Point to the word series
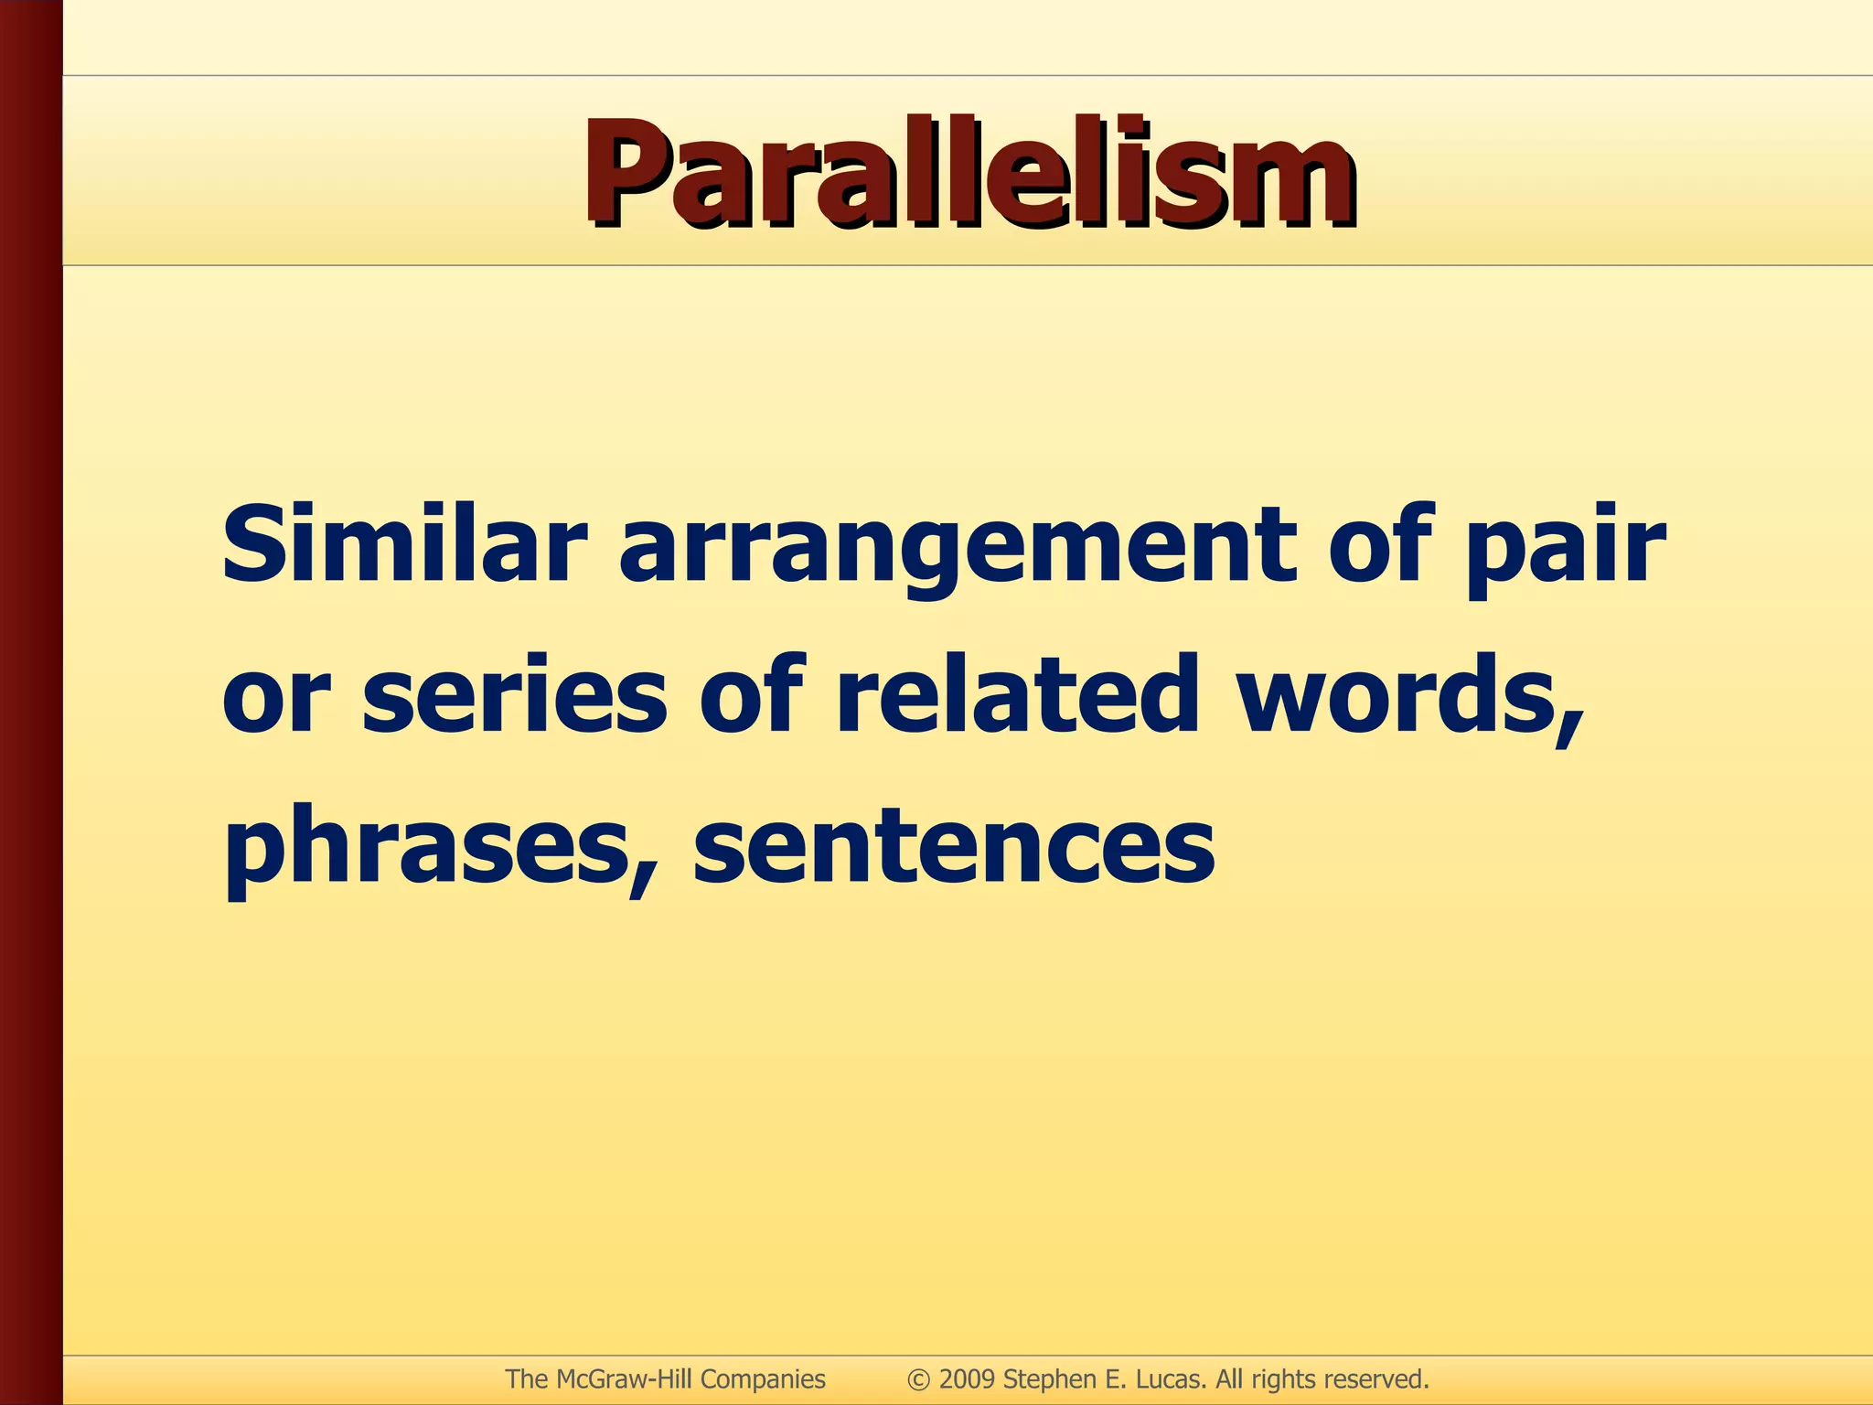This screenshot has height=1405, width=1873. click(x=514, y=695)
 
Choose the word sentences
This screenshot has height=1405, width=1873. click(x=954, y=846)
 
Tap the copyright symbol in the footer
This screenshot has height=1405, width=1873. click(x=918, y=1379)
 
